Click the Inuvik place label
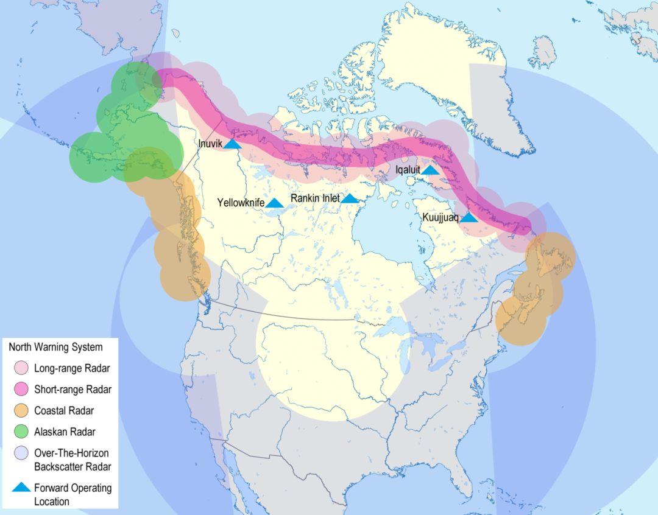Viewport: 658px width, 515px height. (210, 144)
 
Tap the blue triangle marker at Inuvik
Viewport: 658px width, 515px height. (233, 144)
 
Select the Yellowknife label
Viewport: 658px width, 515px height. (240, 203)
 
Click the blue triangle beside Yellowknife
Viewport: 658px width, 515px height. (274, 203)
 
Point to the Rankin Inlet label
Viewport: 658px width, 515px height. (315, 198)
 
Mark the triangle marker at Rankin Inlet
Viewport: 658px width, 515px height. (350, 198)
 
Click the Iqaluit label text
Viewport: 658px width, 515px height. (408, 170)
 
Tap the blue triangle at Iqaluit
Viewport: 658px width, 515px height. (430, 170)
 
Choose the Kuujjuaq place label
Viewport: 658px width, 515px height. (440, 217)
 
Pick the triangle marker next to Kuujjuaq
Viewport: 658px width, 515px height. (469, 217)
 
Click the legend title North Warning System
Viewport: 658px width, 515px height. (55, 347)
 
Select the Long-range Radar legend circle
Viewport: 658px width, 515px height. (21, 368)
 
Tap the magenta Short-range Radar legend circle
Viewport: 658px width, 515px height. (21, 389)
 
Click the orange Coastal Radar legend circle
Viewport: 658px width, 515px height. (21, 410)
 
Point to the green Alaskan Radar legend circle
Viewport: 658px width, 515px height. (21, 432)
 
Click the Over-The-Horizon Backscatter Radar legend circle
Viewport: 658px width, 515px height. (21, 453)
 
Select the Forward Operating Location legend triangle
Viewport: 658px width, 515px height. (21, 488)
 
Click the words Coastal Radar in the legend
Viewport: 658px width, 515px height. (64, 411)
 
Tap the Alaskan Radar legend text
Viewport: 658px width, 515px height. (65, 432)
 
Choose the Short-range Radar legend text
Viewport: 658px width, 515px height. (73, 390)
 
